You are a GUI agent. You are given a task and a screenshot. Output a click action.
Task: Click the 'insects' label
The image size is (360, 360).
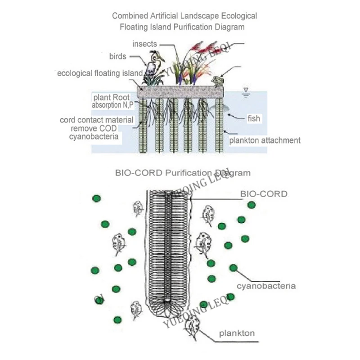click(x=145, y=44)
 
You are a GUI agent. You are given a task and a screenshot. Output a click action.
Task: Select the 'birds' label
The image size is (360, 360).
click(x=118, y=57)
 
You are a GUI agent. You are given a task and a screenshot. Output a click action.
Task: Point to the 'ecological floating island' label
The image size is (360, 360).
click(x=99, y=73)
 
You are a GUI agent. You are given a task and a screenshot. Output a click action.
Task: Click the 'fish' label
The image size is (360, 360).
click(x=254, y=119)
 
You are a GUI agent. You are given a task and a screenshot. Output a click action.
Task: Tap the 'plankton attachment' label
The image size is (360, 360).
click(x=265, y=140)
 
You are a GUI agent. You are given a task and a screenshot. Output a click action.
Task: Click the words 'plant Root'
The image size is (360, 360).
click(x=112, y=97)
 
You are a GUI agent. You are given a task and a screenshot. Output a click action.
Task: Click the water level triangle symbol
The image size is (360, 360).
click(x=246, y=90)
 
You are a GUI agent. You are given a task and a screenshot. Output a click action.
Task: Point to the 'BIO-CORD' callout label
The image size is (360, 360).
click(x=264, y=194)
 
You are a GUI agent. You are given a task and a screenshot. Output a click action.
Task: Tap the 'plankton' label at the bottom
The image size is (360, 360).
click(x=237, y=333)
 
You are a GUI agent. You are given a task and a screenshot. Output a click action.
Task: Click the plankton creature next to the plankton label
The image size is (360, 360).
click(x=192, y=323)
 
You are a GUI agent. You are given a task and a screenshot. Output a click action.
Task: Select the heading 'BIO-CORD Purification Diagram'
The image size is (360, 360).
click(x=183, y=172)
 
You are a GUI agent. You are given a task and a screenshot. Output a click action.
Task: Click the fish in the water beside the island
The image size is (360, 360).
click(x=225, y=110)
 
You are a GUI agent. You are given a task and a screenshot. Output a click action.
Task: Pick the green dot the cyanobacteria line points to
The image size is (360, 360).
click(x=233, y=268)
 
